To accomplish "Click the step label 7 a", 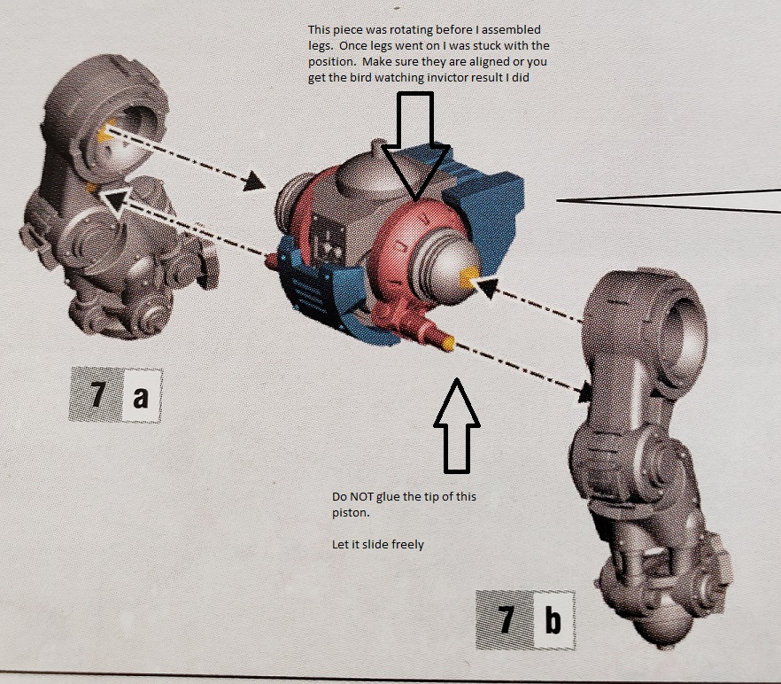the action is tap(116, 395).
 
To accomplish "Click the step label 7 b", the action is tap(525, 619).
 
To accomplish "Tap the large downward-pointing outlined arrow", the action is tap(416, 146).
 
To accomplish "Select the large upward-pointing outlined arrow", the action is tap(457, 425).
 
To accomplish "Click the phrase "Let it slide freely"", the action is tap(377, 544).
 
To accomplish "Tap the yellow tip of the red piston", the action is tap(448, 344).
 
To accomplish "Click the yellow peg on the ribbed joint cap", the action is tap(468, 278).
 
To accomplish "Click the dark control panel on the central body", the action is tap(328, 240).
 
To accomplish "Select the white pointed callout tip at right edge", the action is tap(668, 201).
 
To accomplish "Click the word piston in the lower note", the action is tap(351, 512).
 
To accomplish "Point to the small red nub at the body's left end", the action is tap(271, 260).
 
